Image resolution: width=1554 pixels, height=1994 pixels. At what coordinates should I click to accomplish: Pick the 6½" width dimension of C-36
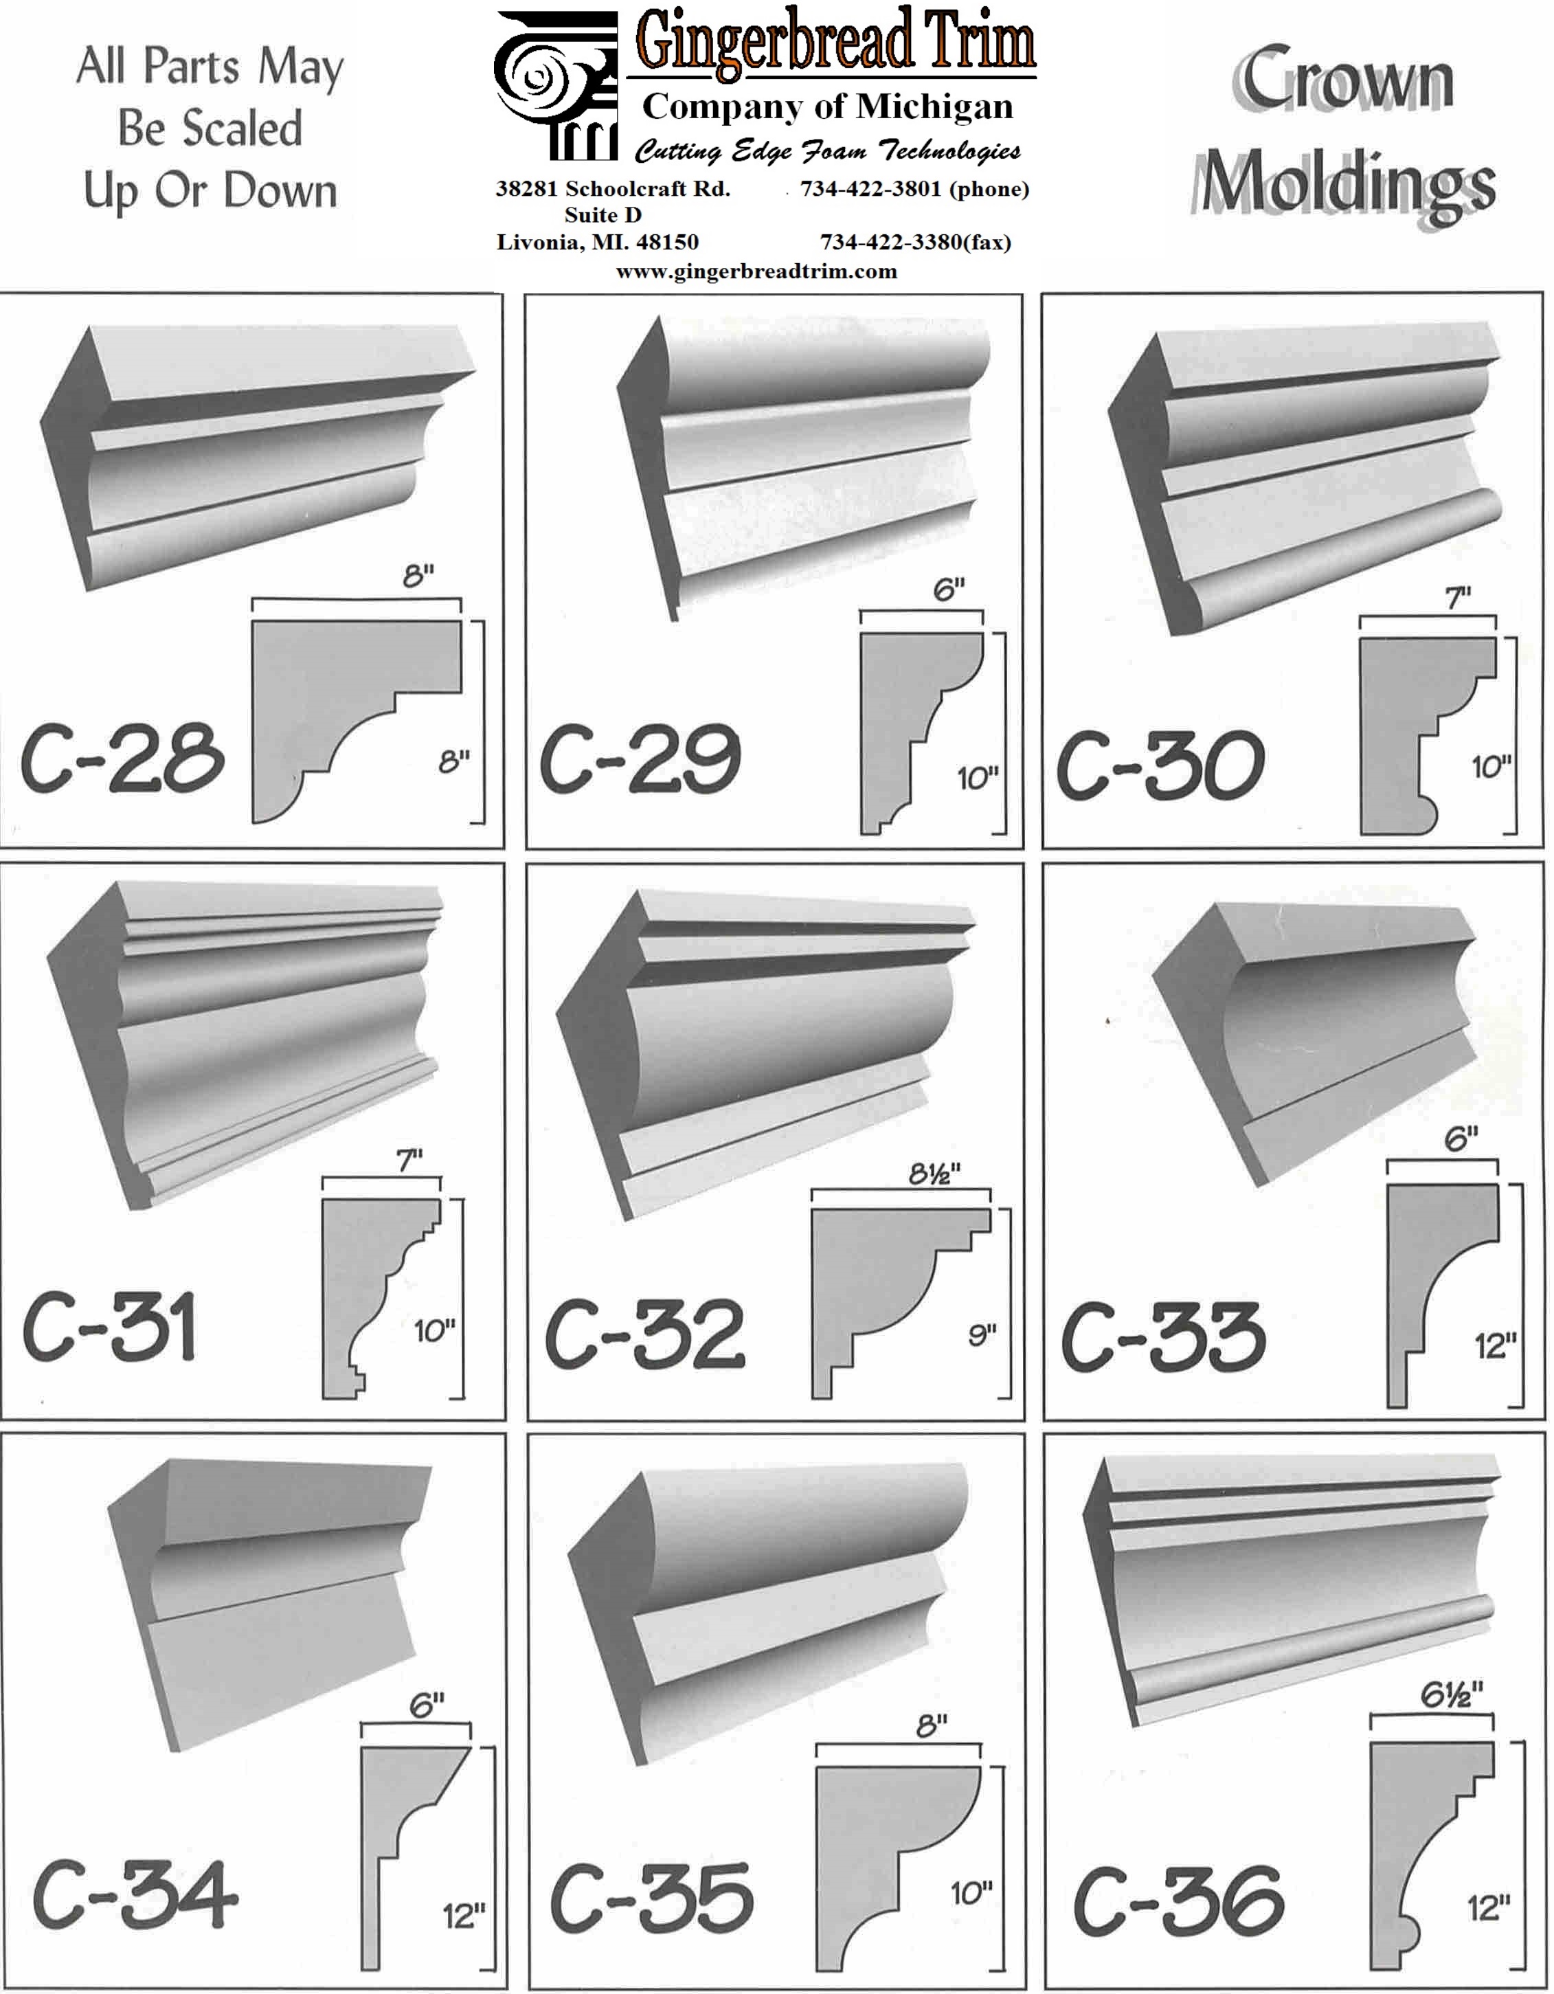1452,1694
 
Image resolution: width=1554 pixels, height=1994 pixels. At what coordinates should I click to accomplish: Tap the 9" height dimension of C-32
982,1336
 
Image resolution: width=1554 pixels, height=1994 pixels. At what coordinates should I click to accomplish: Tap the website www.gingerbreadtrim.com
756,271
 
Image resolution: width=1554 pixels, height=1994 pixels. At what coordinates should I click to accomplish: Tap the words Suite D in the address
603,216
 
